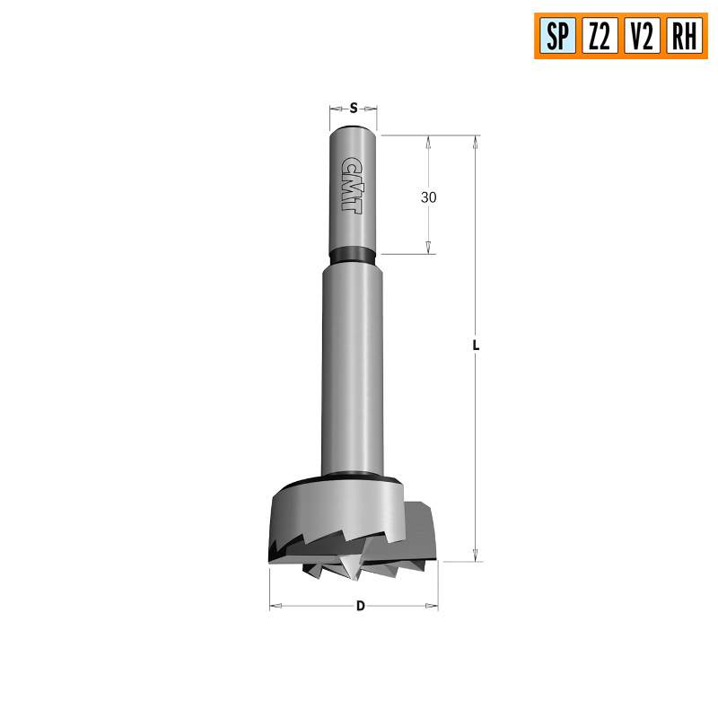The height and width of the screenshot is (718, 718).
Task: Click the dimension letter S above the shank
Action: coord(354,109)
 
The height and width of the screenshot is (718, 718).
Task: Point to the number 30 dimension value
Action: coord(429,197)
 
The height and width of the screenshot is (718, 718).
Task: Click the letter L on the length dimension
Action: coord(477,345)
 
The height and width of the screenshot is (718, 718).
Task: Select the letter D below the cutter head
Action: coord(360,606)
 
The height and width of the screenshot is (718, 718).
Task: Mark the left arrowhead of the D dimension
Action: coord(276,608)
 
